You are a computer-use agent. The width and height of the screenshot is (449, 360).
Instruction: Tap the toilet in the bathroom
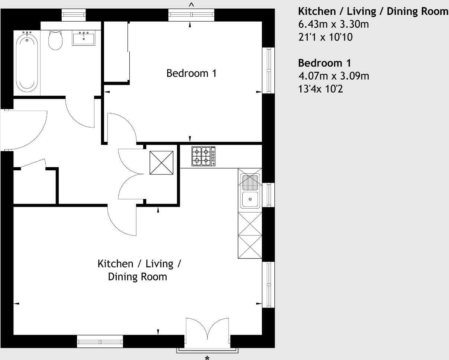pos(55,40)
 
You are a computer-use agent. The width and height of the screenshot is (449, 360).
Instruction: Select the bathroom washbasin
pos(83,38)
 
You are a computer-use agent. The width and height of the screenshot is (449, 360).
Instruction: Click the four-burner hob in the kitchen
pos(203,156)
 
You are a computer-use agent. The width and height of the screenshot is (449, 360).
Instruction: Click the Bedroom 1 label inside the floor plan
pos(191,73)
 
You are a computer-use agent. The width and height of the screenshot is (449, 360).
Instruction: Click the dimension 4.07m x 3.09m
pos(333,76)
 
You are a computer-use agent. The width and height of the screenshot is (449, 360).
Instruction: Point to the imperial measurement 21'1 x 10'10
pos(325,37)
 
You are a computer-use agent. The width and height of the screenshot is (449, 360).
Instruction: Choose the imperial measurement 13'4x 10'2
pos(321,89)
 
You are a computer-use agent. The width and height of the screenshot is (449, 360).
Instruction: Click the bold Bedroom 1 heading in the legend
pos(324,62)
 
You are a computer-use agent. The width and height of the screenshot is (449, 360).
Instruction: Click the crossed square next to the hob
pos(161,163)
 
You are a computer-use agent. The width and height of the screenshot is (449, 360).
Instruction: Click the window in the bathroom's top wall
pos(74,15)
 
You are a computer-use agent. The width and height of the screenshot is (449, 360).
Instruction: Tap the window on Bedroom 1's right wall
pos(268,70)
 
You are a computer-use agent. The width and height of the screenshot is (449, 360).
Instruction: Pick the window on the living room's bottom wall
pos(100,341)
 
